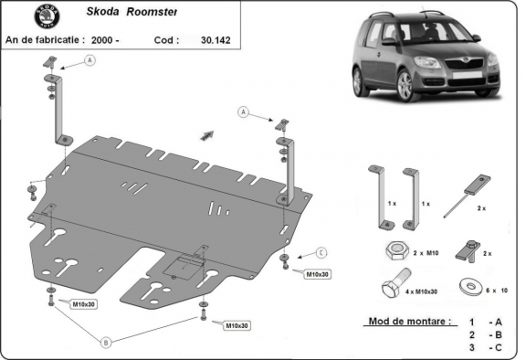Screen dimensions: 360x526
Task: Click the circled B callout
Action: (x=107, y=342)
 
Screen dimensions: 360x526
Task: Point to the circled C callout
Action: (x=321, y=252)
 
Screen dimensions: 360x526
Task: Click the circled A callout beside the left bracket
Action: (x=90, y=60)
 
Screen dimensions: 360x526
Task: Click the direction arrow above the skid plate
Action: (x=205, y=133)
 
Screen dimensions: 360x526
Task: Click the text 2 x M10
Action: (x=425, y=252)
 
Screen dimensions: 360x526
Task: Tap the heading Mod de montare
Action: (x=408, y=322)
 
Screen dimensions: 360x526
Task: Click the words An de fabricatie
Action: (x=45, y=40)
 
